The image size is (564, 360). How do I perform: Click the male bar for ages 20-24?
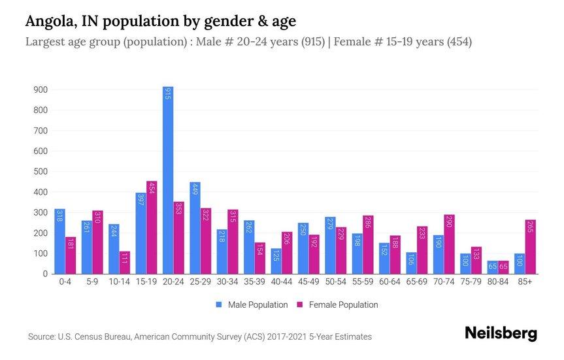(168, 180)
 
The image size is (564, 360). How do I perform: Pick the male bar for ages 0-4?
(60, 241)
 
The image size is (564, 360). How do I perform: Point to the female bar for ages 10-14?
(124, 263)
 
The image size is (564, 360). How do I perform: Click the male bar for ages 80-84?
(492, 267)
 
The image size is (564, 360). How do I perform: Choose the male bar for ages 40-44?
(276, 261)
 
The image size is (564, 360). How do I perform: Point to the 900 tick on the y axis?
(39, 90)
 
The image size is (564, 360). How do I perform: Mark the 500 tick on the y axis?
(39, 172)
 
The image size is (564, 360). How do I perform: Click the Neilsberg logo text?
(500, 334)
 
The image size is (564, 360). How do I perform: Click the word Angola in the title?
(49, 22)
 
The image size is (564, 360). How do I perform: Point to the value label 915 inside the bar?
(168, 97)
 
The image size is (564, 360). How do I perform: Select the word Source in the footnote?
(42, 337)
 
